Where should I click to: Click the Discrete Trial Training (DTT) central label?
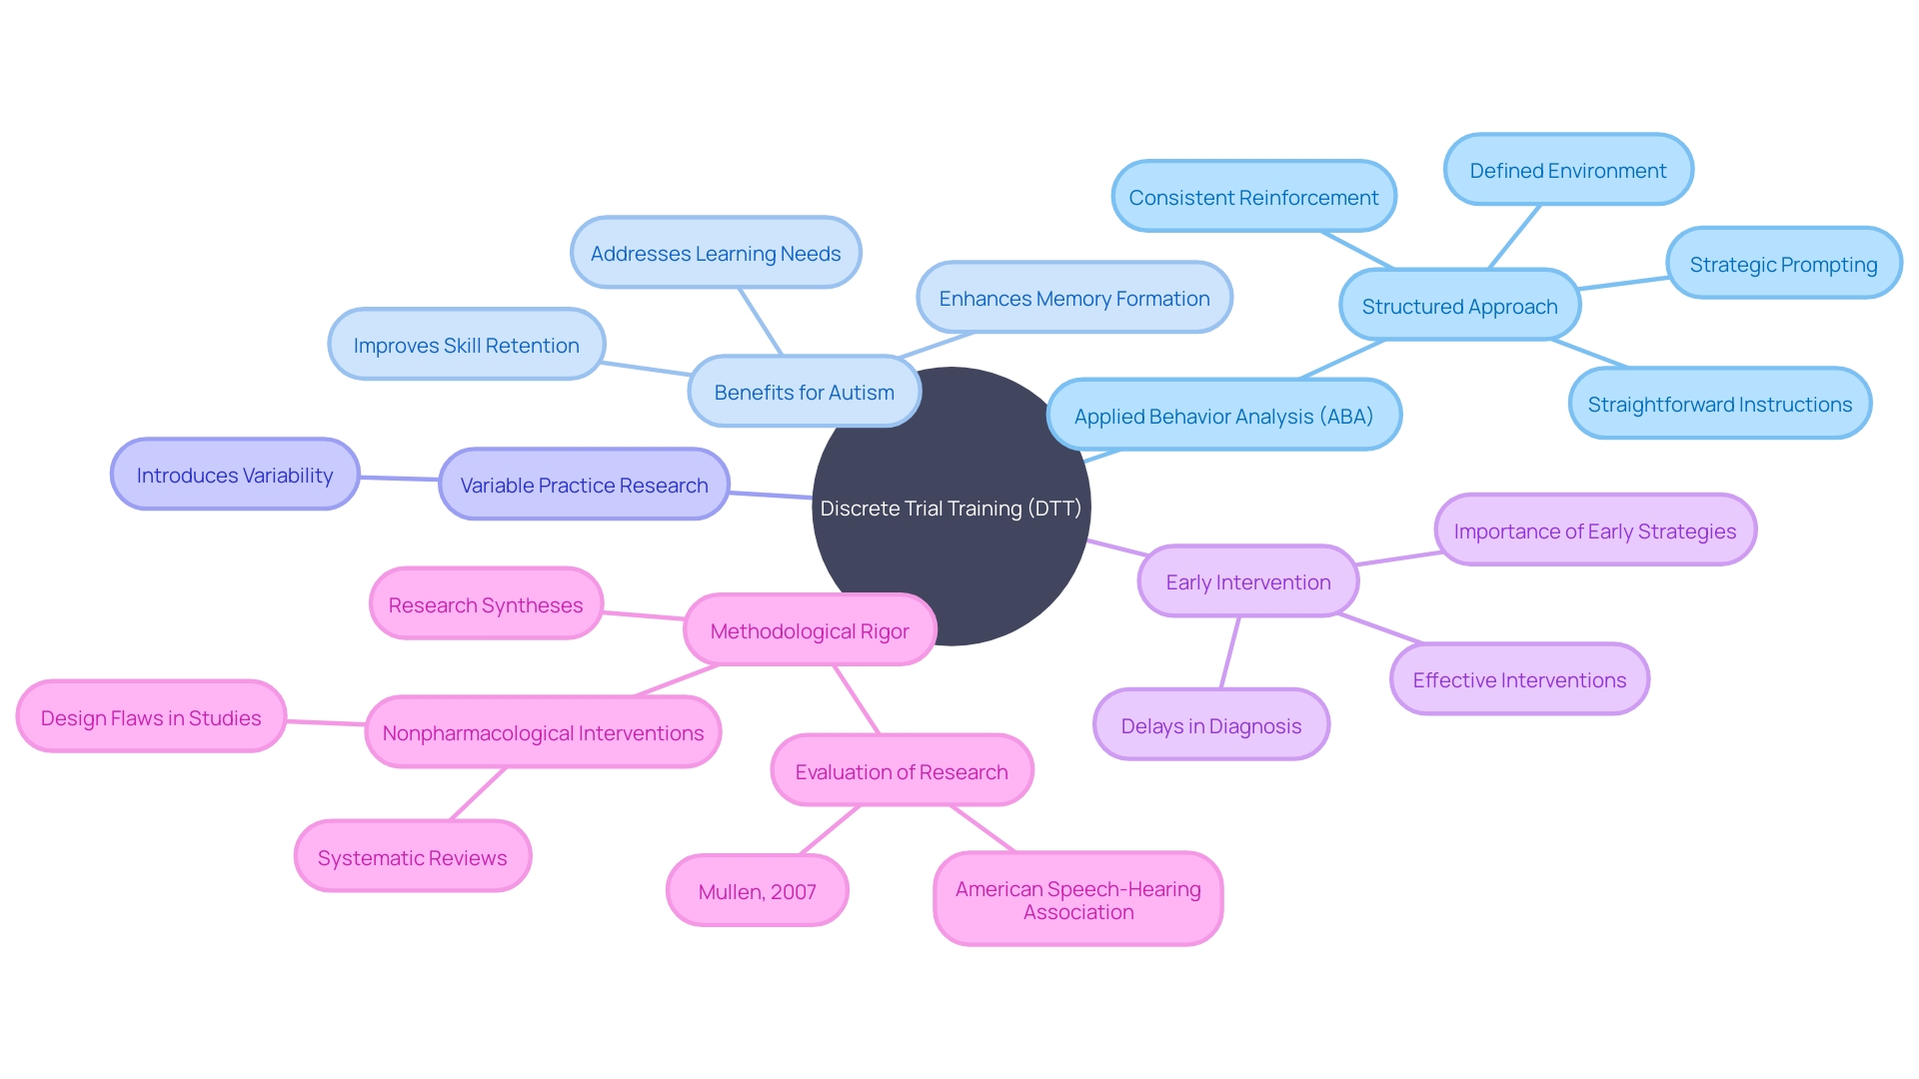tap(951, 509)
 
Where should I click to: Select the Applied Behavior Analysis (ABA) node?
tap(1224, 415)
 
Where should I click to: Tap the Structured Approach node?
tap(1459, 305)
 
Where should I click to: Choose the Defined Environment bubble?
tap(1568, 170)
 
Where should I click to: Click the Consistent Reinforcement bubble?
tap(1253, 197)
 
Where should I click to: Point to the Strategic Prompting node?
tap(1784, 263)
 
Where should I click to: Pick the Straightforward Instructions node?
tap(1720, 403)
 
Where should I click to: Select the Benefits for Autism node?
tap(805, 391)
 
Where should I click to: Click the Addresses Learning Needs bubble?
tap(716, 252)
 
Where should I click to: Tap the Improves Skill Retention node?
tap(467, 344)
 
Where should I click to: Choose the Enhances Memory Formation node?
tap(1074, 297)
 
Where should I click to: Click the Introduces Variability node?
tap(235, 474)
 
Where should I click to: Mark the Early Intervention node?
tap(1248, 580)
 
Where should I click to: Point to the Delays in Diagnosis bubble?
tap(1211, 724)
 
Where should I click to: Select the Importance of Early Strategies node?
tap(1595, 530)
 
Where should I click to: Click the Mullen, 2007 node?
tap(758, 890)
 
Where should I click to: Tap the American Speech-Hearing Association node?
tap(1078, 899)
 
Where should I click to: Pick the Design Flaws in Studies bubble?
tap(151, 716)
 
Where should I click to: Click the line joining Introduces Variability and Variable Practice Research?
tap(400, 480)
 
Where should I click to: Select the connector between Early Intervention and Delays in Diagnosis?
tap(1230, 652)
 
